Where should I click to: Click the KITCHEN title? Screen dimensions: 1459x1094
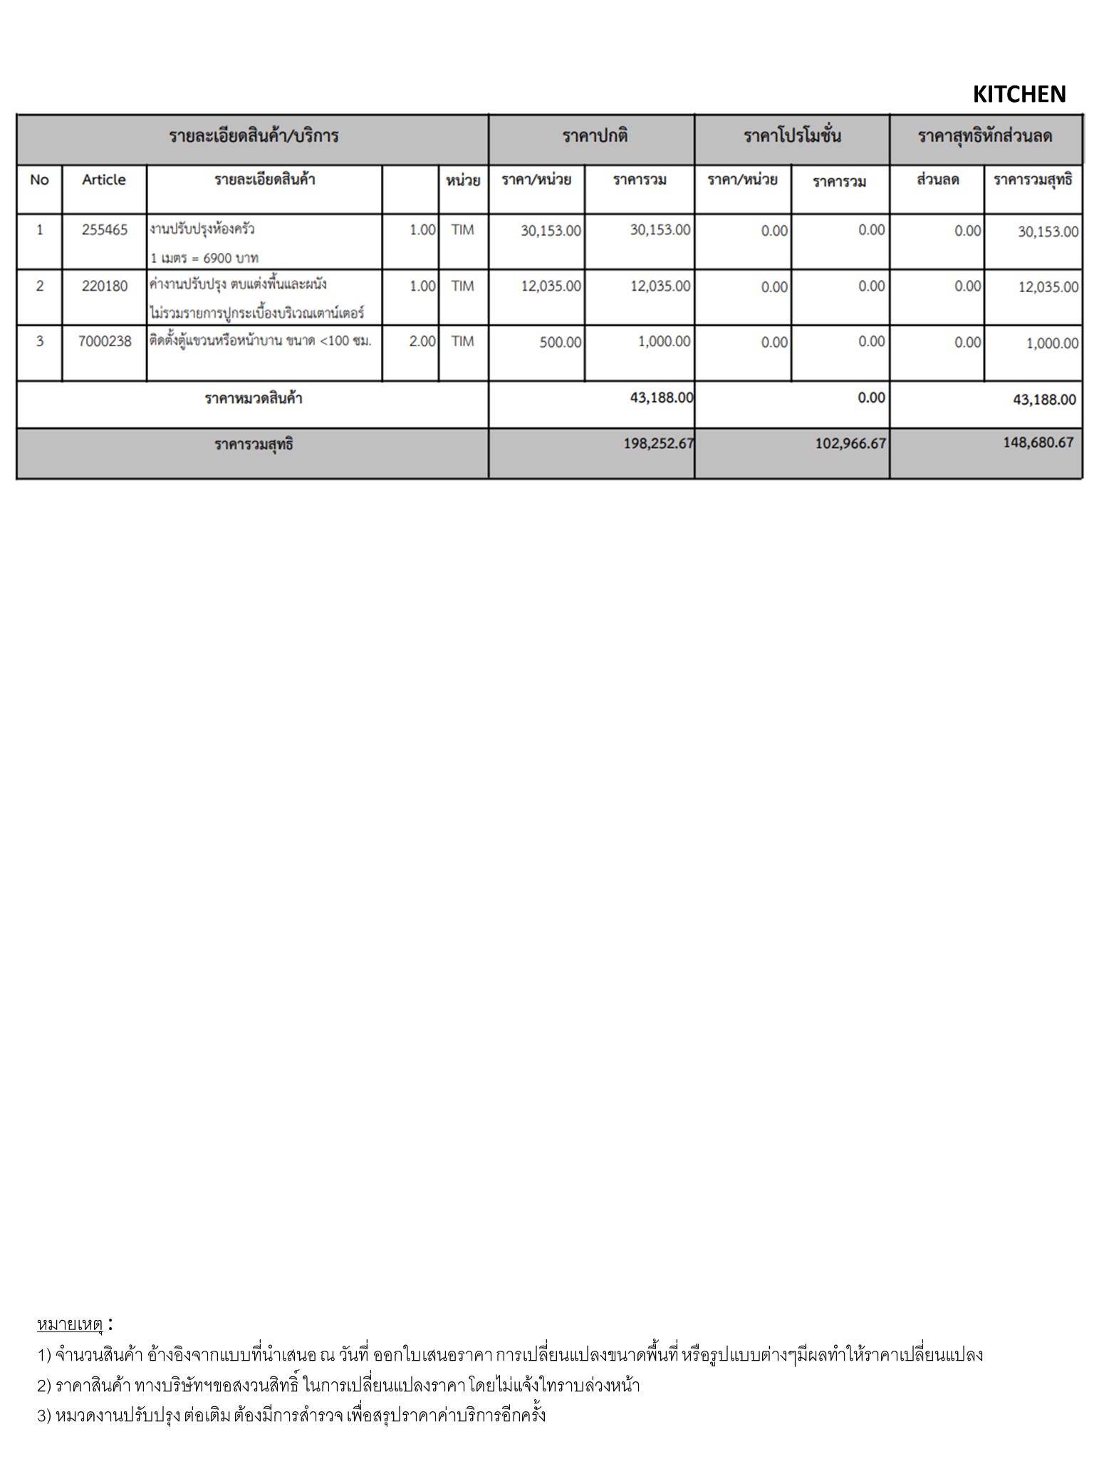click(x=1019, y=94)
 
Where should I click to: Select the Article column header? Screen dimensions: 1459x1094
click(x=104, y=180)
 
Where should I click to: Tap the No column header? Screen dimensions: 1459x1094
click(x=39, y=180)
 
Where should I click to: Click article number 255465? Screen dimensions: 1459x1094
click(x=104, y=229)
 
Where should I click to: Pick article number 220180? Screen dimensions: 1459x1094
click(x=104, y=286)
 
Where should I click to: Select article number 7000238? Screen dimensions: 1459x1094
click(x=105, y=341)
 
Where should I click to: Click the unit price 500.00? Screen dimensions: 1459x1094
click(x=560, y=342)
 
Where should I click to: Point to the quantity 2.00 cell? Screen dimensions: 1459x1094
click(x=422, y=341)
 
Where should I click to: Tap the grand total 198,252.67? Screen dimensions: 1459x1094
click(x=658, y=443)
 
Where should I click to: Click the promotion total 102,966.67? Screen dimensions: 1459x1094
click(x=850, y=443)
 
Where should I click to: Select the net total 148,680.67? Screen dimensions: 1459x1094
click(x=1038, y=442)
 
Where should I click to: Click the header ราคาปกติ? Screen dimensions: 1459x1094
click(x=595, y=136)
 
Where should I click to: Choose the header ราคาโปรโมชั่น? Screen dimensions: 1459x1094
click(x=792, y=136)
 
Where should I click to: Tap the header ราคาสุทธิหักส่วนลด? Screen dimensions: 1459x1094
click(x=985, y=136)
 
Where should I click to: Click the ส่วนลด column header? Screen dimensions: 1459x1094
click(x=937, y=180)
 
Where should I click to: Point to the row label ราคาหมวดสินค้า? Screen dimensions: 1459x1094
click(x=254, y=398)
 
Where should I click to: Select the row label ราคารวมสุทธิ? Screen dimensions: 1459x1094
click(x=254, y=445)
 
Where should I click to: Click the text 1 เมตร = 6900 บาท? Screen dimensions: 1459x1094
click(x=204, y=257)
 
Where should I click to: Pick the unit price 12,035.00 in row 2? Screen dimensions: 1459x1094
click(x=551, y=286)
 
